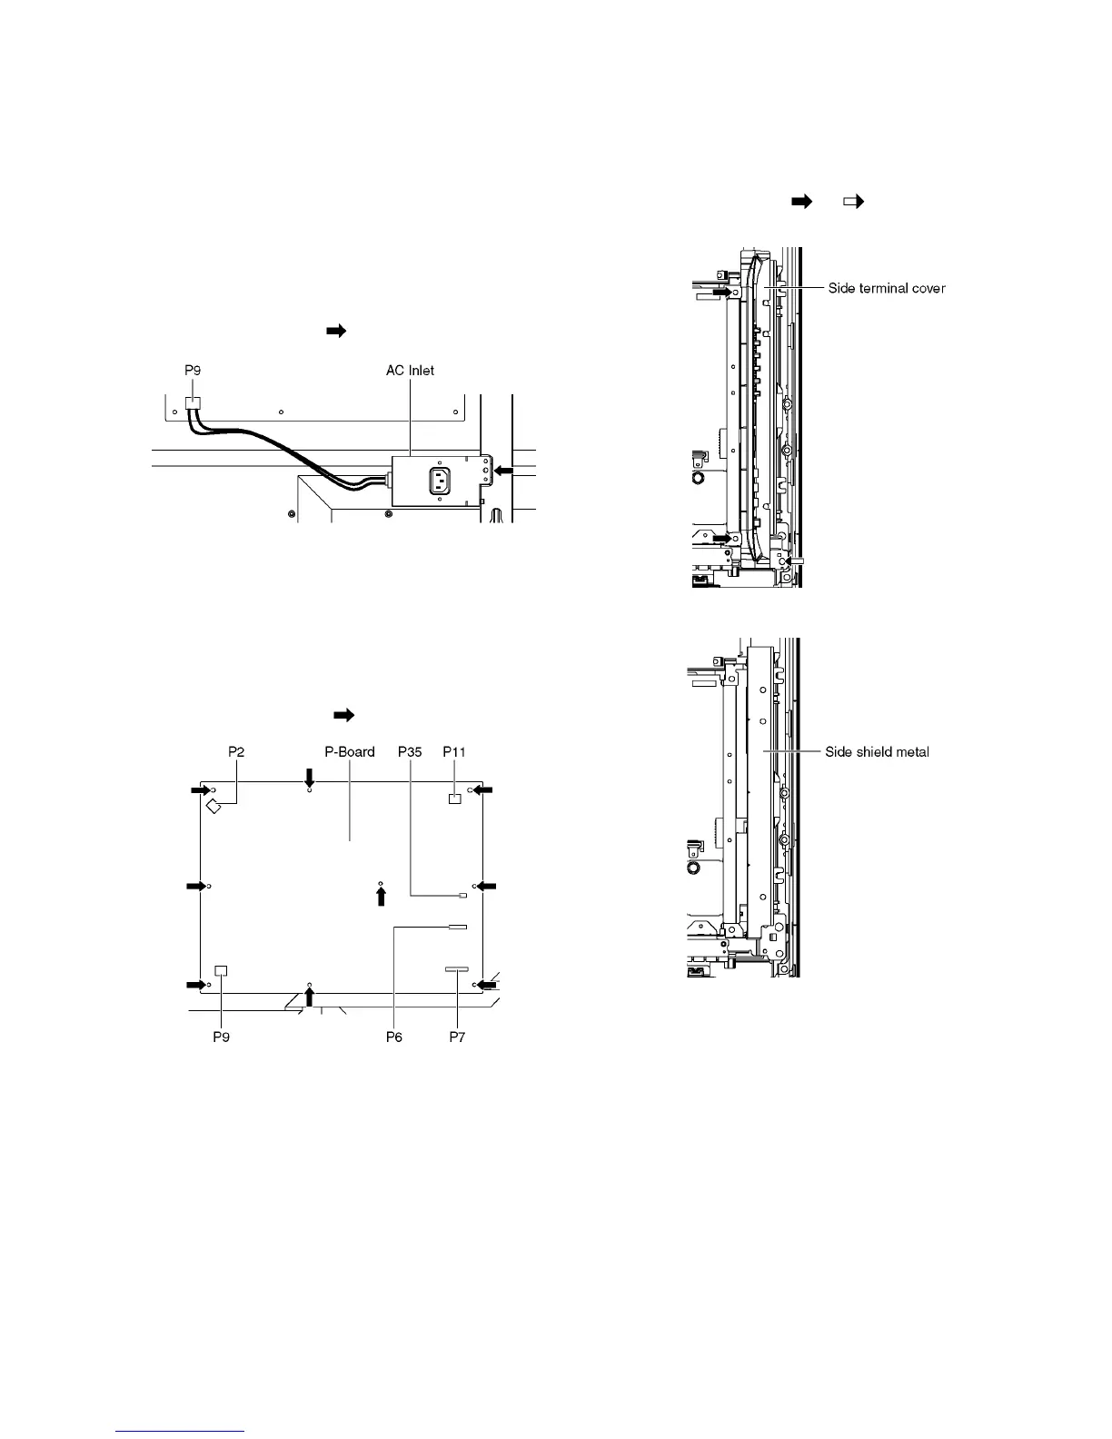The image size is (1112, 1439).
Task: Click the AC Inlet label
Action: click(410, 370)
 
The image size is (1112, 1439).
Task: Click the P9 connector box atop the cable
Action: click(192, 403)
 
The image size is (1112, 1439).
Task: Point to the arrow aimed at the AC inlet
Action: click(503, 471)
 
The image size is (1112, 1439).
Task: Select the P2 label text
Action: click(236, 751)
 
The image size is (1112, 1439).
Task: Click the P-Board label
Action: click(350, 751)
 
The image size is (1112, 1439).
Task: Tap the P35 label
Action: click(410, 751)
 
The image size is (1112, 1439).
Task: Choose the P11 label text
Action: click(454, 751)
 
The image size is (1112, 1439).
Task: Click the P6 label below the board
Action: click(393, 1037)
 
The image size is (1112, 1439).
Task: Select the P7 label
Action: click(457, 1037)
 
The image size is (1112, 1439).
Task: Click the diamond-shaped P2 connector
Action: click(215, 806)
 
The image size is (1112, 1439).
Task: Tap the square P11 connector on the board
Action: click(455, 798)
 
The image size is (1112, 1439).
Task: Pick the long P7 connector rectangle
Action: click(457, 970)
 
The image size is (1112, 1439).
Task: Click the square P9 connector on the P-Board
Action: click(221, 970)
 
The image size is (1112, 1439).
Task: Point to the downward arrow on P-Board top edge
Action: click(310, 778)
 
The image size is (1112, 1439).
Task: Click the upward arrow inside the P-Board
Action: click(382, 897)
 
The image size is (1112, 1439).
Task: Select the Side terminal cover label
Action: click(887, 288)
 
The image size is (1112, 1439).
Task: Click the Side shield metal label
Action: click(877, 751)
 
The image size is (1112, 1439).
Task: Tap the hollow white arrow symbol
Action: click(853, 202)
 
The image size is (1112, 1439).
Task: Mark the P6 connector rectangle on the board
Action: click(457, 928)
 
